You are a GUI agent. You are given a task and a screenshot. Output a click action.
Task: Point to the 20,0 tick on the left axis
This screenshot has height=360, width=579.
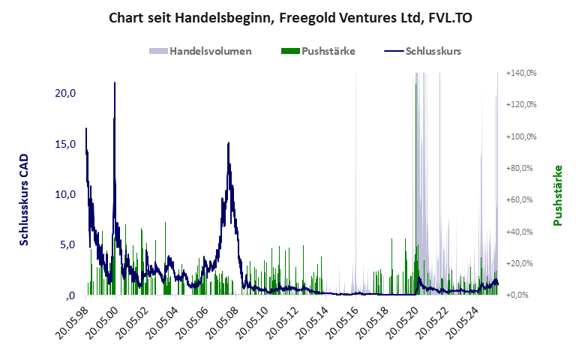click(65, 93)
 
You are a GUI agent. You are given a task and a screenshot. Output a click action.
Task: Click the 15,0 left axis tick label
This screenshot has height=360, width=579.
click(65, 144)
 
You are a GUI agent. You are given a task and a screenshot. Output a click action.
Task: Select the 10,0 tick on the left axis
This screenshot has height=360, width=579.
click(65, 194)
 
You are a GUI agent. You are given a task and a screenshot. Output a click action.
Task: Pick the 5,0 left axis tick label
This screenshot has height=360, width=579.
click(67, 244)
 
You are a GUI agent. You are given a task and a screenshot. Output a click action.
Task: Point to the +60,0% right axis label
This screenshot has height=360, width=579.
click(520, 200)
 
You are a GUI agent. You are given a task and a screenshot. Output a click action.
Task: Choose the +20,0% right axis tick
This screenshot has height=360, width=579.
click(520, 263)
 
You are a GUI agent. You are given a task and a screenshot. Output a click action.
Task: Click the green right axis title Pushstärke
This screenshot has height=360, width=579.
click(557, 196)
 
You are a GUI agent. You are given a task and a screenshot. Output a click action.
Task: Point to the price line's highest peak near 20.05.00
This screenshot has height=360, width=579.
click(115, 83)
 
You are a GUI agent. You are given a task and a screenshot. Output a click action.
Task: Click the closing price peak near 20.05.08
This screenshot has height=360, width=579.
click(228, 143)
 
